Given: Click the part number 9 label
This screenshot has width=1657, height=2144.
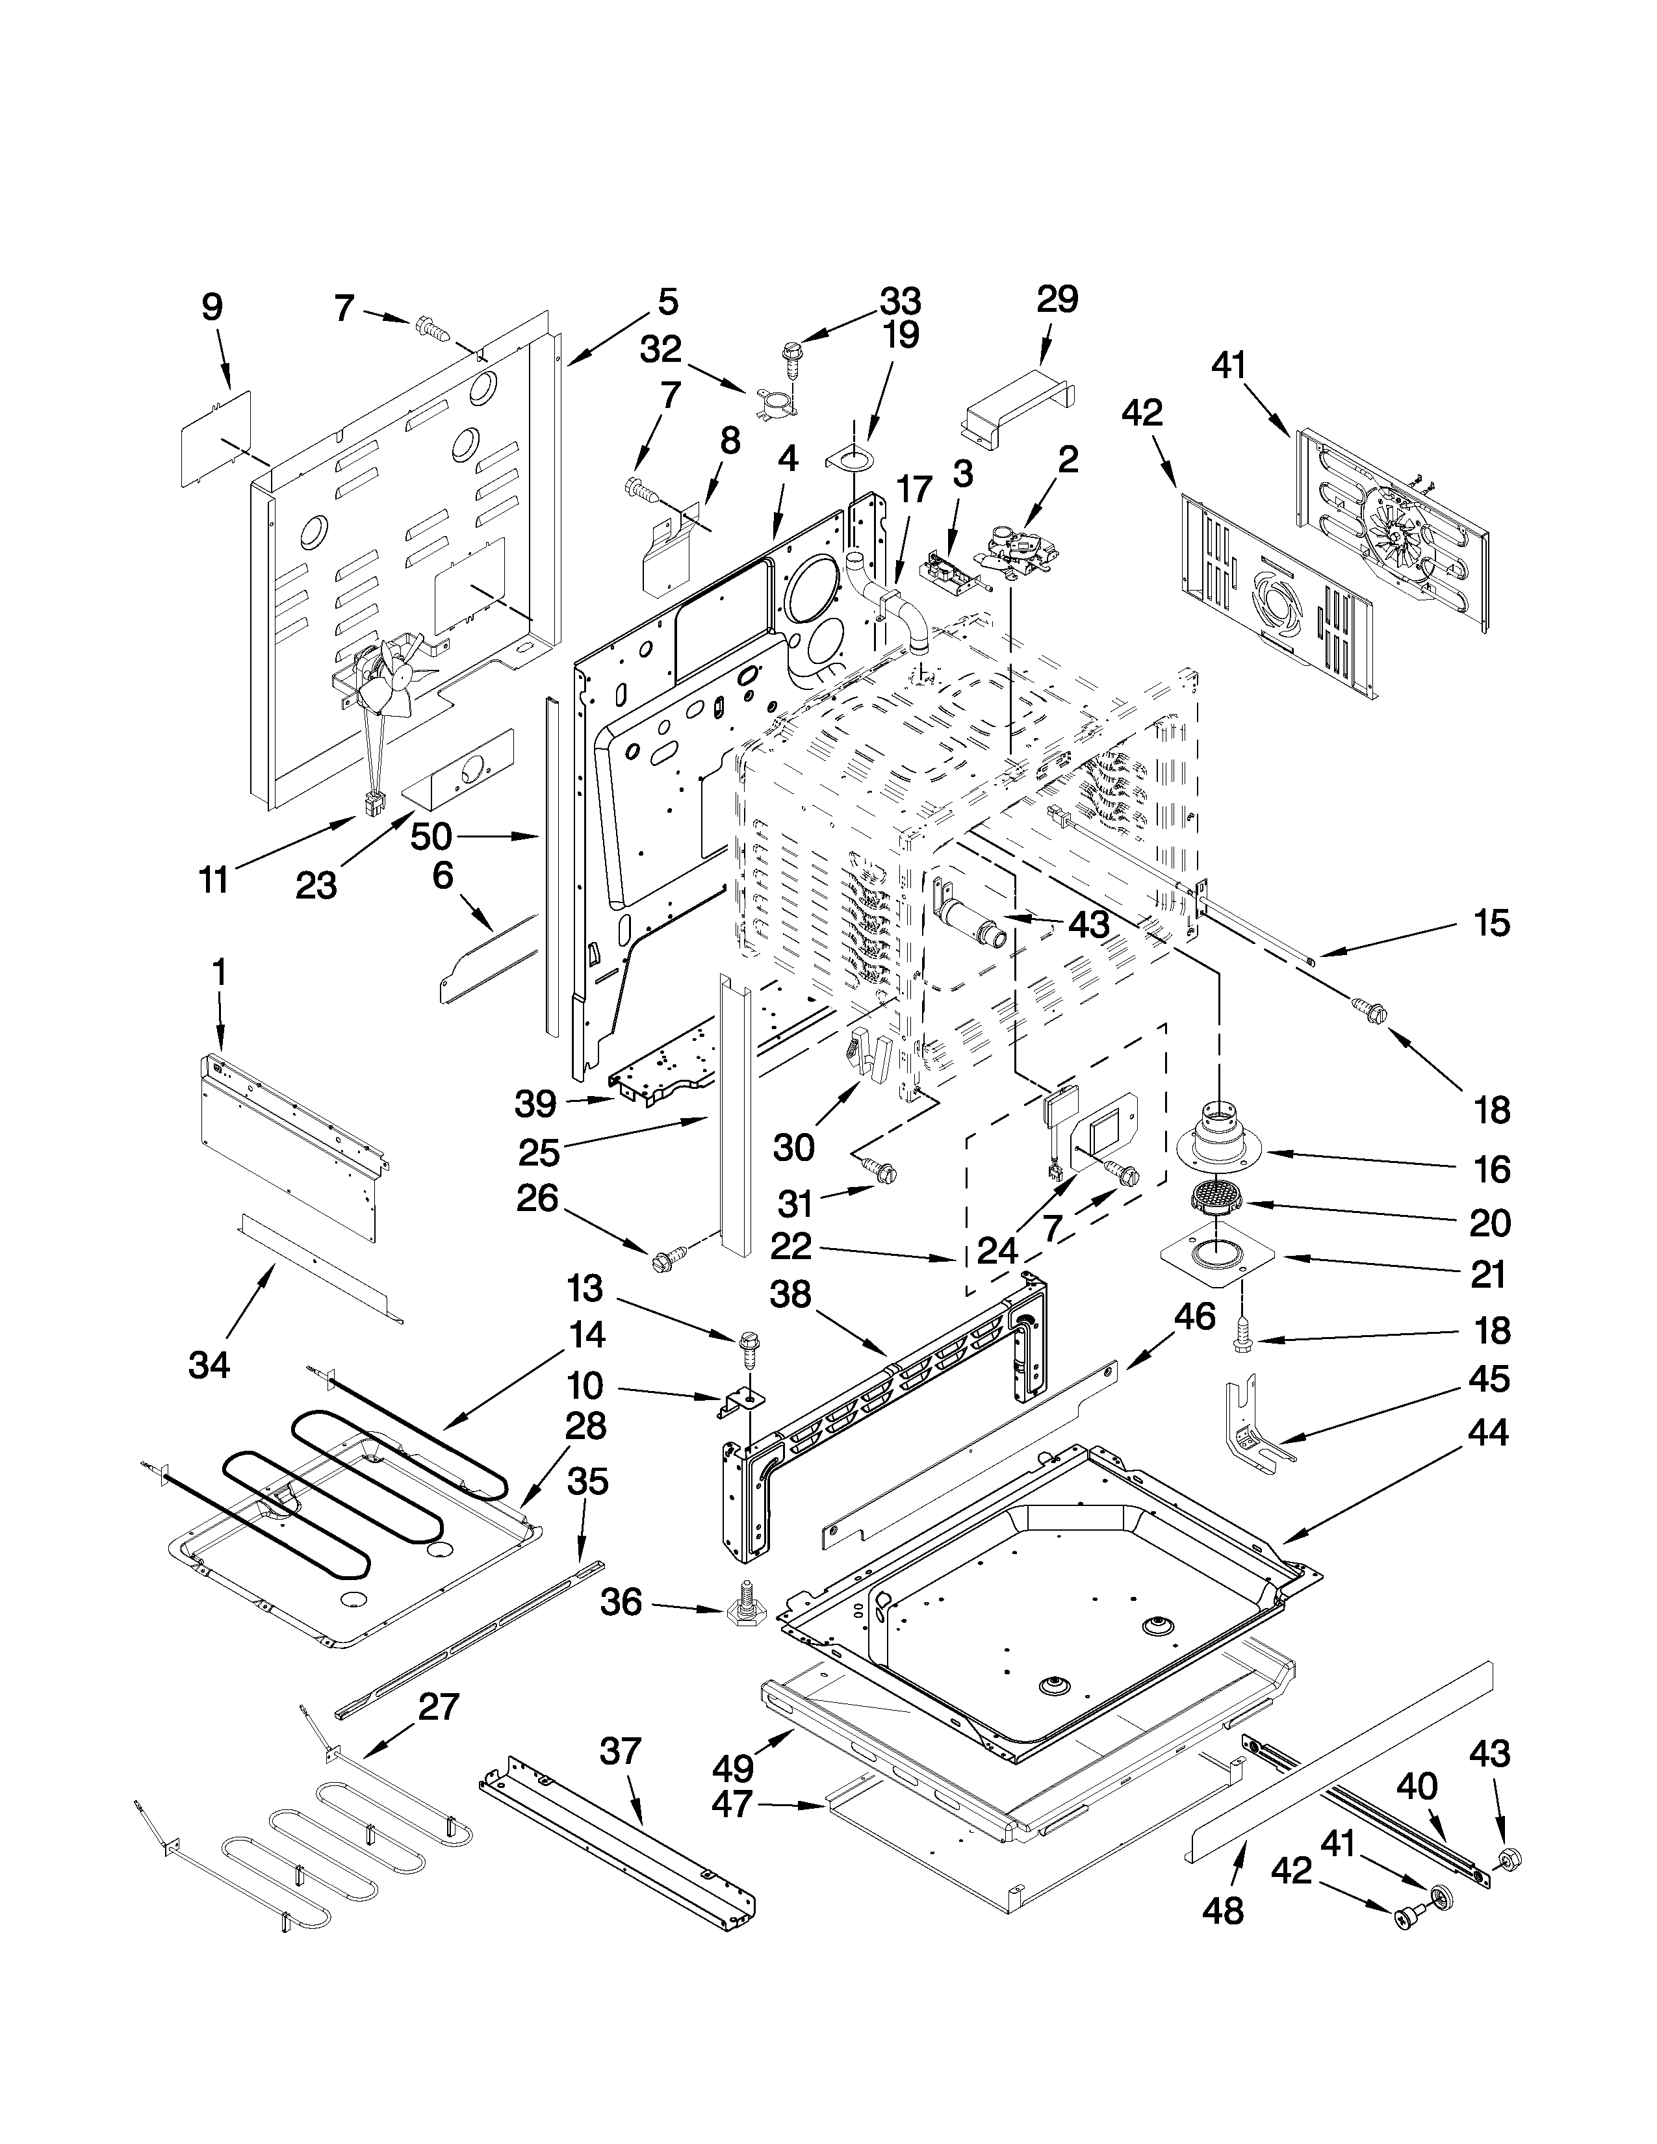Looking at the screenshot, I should click(x=212, y=307).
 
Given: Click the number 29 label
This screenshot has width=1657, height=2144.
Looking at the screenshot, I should click(x=1057, y=300).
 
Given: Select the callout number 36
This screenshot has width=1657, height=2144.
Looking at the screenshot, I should click(x=621, y=1603).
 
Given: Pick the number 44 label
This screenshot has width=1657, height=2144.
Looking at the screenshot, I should click(x=1488, y=1433).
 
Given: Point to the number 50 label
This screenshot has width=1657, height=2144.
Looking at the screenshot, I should click(x=431, y=836).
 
